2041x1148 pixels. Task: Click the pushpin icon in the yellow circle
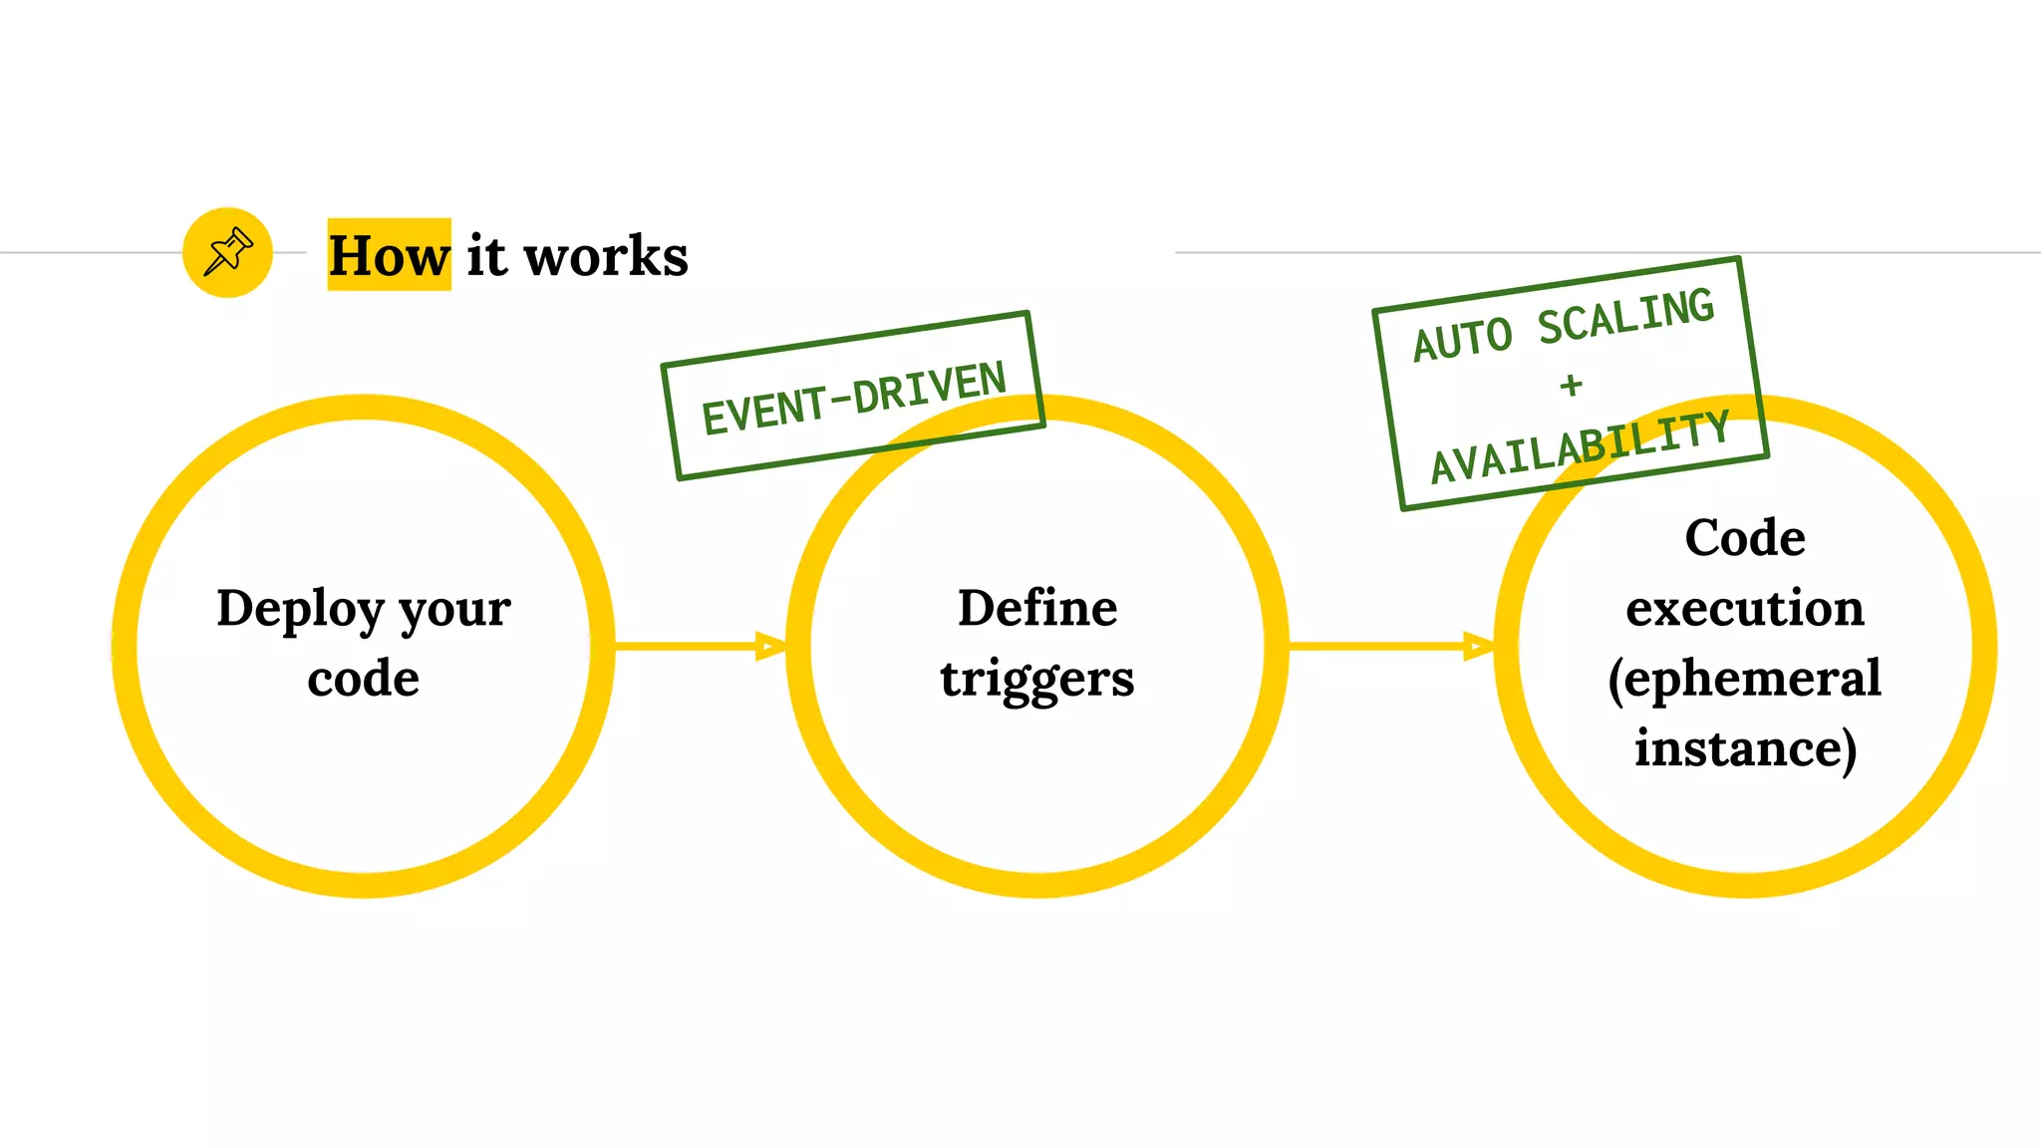[x=228, y=252]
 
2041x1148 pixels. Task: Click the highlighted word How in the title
[x=389, y=256]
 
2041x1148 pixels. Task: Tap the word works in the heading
[x=606, y=256]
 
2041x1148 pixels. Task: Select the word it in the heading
[x=486, y=256]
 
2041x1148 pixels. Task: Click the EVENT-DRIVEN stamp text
[x=854, y=398]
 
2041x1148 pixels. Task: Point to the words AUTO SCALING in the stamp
[x=1564, y=325]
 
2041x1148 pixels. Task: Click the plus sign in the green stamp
[x=1572, y=385]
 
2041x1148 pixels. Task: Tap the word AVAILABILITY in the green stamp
[x=1581, y=447]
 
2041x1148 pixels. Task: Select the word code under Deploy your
[x=364, y=679]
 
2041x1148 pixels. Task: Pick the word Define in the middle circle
[x=1037, y=608]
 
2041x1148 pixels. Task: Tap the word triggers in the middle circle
[x=1037, y=680]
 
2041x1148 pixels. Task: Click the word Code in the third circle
[x=1745, y=538]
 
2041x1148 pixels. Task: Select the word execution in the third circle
[x=1745, y=608]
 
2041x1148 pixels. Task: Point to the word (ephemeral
[x=1745, y=680]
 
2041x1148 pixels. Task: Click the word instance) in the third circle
[x=1745, y=748]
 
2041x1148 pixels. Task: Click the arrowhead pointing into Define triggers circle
[x=770, y=646]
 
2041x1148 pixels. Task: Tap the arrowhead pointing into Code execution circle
[x=1478, y=646]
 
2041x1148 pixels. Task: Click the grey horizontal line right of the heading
[x=1595, y=252]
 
